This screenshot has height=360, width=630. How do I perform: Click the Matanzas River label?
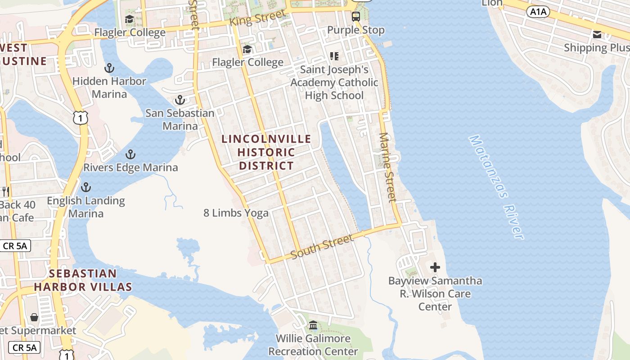(x=497, y=187)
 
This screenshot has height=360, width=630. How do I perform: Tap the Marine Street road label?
(x=387, y=167)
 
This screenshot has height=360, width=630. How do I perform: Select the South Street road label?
(x=322, y=247)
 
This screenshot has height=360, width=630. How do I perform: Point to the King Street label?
(x=257, y=18)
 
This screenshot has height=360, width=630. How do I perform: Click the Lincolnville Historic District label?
(x=266, y=152)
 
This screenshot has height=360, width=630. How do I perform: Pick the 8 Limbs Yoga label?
(x=236, y=213)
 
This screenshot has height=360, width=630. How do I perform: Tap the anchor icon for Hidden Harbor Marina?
(x=109, y=68)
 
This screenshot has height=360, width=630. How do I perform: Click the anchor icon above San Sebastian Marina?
(x=180, y=100)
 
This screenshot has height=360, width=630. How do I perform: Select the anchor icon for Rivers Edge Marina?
(x=130, y=155)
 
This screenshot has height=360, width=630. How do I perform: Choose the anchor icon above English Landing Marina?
(x=85, y=187)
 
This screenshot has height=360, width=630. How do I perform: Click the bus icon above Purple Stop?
(x=356, y=17)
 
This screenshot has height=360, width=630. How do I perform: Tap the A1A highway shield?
(x=538, y=12)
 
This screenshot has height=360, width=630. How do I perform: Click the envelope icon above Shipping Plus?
(x=597, y=35)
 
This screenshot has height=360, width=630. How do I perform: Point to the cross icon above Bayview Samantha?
(x=435, y=267)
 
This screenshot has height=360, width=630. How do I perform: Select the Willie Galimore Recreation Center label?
(x=313, y=345)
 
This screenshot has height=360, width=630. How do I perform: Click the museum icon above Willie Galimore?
(x=313, y=325)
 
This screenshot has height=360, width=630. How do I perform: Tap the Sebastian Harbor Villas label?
(x=83, y=280)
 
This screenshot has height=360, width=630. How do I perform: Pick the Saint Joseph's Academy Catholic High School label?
(x=334, y=82)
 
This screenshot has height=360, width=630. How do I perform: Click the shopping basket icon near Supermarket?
(x=34, y=317)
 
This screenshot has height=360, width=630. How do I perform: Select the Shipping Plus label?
(x=596, y=48)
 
